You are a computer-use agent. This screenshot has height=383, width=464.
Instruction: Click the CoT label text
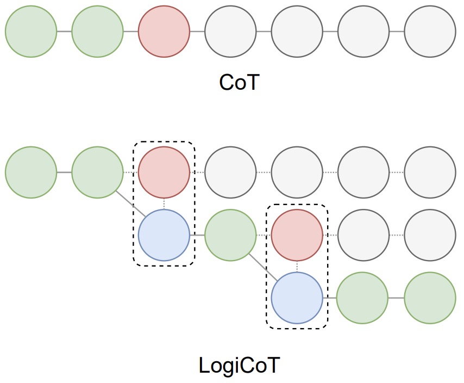[x=240, y=83]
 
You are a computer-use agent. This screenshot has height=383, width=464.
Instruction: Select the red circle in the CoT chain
[x=164, y=32]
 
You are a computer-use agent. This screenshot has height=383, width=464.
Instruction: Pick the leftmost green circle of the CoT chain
[x=31, y=32]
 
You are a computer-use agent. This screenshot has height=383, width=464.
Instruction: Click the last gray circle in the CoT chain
[x=430, y=32]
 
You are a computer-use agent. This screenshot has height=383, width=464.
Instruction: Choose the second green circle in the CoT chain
[x=97, y=32]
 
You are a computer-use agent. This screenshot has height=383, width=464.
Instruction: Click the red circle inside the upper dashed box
[x=164, y=172]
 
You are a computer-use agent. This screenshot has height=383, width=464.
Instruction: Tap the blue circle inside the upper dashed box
[x=164, y=235]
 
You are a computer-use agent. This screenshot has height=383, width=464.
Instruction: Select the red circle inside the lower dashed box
[x=297, y=235]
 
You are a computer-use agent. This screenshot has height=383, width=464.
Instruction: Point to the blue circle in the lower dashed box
[x=297, y=298]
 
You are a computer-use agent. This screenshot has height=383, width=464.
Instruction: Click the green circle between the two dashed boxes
[x=230, y=235]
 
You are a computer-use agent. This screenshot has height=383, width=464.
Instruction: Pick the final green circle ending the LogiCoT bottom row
[x=430, y=298]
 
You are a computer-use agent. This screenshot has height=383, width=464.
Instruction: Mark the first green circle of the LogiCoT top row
[x=31, y=172]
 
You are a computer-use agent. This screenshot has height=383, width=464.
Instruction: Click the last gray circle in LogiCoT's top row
[x=430, y=172]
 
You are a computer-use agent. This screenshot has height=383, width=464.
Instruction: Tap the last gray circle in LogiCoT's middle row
[x=430, y=235]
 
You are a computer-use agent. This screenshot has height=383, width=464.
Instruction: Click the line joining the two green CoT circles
[x=64, y=32]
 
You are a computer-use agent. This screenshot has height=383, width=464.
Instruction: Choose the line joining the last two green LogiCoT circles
[x=397, y=298]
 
